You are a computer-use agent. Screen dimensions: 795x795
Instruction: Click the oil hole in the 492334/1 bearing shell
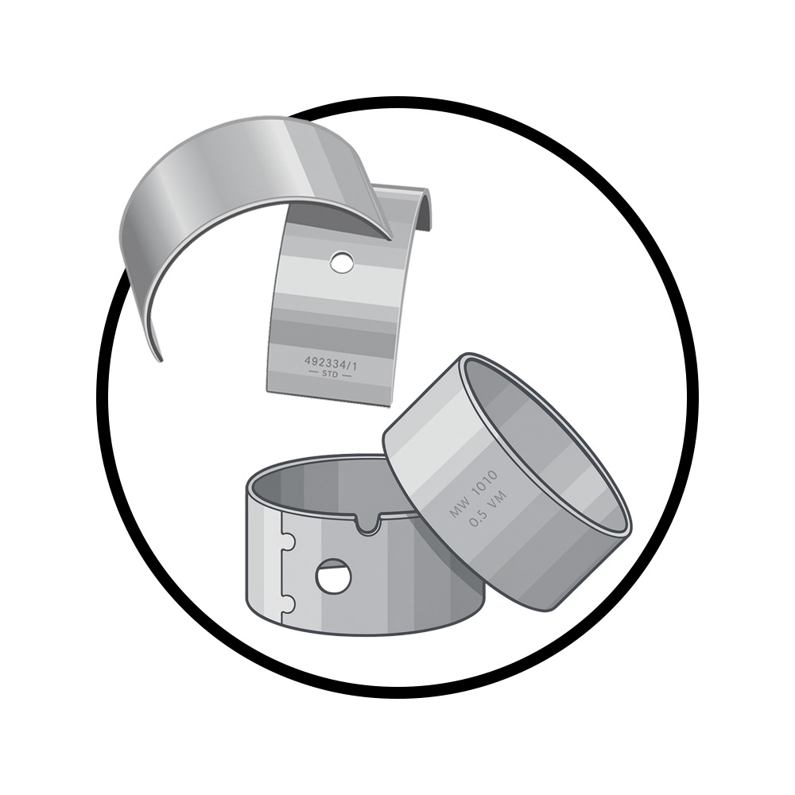pos(343,262)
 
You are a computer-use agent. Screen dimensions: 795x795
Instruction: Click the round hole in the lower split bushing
pos(332,575)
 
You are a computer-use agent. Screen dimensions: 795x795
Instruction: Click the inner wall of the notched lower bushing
pos(318,489)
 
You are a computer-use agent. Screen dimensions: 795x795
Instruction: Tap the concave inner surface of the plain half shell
pos(231,191)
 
